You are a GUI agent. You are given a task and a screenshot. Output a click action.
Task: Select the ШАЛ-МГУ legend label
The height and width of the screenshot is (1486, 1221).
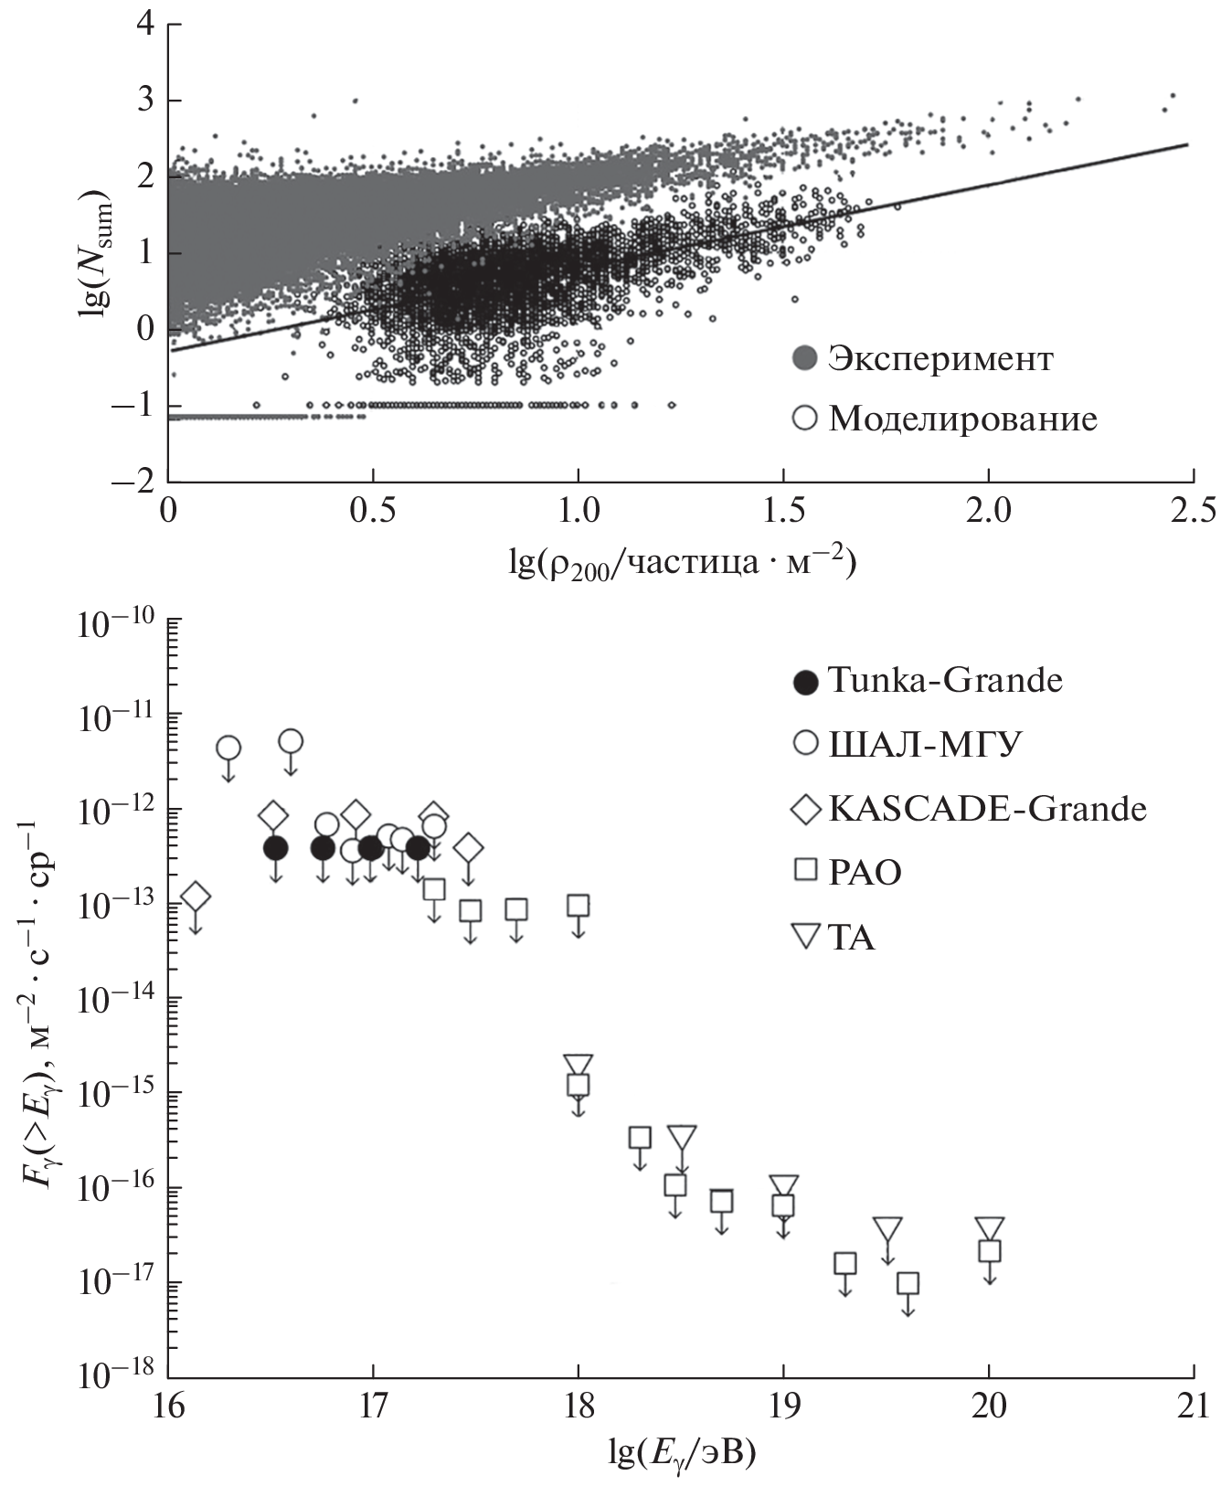pos(923,745)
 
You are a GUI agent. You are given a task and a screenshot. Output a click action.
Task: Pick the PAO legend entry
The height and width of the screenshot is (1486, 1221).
pos(864,873)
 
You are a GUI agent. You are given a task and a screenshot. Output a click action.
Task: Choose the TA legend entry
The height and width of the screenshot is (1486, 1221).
pos(851,938)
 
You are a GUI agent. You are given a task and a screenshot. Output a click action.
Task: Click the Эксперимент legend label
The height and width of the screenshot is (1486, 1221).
pos(940,359)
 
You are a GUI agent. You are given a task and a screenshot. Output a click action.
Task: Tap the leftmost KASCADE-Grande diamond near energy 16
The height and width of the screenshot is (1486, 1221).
pos(196,897)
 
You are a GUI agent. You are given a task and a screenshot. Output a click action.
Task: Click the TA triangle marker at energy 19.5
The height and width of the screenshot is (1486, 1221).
pos(887,1230)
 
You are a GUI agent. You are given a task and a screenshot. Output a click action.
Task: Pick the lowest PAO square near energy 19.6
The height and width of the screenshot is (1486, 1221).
pos(908,1283)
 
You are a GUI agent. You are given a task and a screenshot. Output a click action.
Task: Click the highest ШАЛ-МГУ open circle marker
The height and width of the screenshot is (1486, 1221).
pos(291,740)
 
